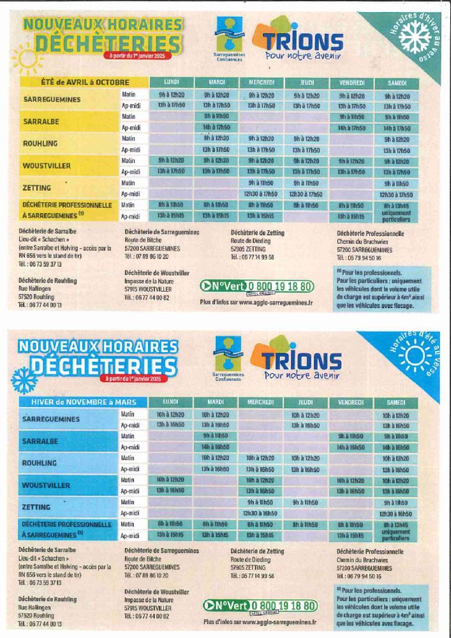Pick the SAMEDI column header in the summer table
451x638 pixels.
point(396,83)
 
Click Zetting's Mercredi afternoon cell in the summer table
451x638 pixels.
point(260,194)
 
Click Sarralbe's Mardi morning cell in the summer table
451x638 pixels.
point(216,117)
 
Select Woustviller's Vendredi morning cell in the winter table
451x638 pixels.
point(351,480)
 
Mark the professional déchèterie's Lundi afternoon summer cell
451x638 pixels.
point(170,216)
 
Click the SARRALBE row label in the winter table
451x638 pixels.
point(41,441)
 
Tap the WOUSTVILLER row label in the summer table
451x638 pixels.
point(47,165)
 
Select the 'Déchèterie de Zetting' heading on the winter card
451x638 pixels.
point(258,551)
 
